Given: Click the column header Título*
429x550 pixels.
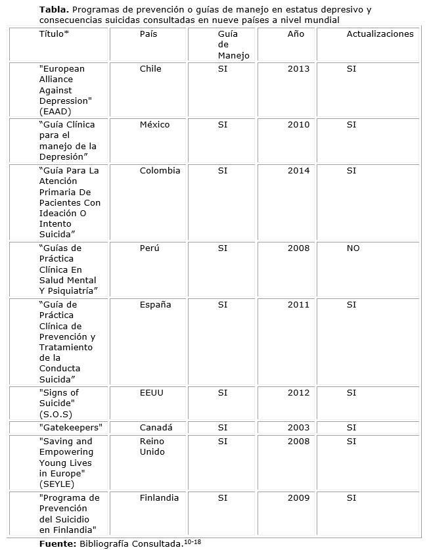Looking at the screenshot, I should pyautogui.click(x=54, y=34).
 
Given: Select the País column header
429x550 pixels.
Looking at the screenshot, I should pyautogui.click(x=148, y=34).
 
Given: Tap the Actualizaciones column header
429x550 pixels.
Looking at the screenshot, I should pyautogui.click(x=380, y=34).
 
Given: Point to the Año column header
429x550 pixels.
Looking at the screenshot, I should pyautogui.click(x=296, y=34).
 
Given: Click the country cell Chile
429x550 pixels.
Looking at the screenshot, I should pyautogui.click(x=150, y=69).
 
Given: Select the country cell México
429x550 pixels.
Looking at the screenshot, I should pyautogui.click(x=154, y=125).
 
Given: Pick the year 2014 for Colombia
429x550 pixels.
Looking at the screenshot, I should pyautogui.click(x=298, y=171).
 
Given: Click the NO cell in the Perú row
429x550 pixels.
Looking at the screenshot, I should pyautogui.click(x=353, y=248).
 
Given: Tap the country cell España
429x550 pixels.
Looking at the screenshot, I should pyautogui.click(x=155, y=305).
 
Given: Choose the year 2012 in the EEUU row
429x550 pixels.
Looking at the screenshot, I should pyautogui.click(x=298, y=393).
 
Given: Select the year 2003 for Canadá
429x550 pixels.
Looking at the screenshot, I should pyautogui.click(x=298, y=428).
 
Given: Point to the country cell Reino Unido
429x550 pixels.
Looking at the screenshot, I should pyautogui.click(x=152, y=447).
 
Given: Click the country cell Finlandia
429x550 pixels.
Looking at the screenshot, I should pyautogui.click(x=159, y=498).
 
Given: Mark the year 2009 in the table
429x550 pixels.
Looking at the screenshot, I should pyautogui.click(x=298, y=498).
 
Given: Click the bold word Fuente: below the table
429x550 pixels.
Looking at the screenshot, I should pyautogui.click(x=58, y=544).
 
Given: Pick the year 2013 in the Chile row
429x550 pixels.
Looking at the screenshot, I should pyautogui.click(x=298, y=69).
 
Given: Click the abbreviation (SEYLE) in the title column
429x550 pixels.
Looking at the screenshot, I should pyautogui.click(x=56, y=484).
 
